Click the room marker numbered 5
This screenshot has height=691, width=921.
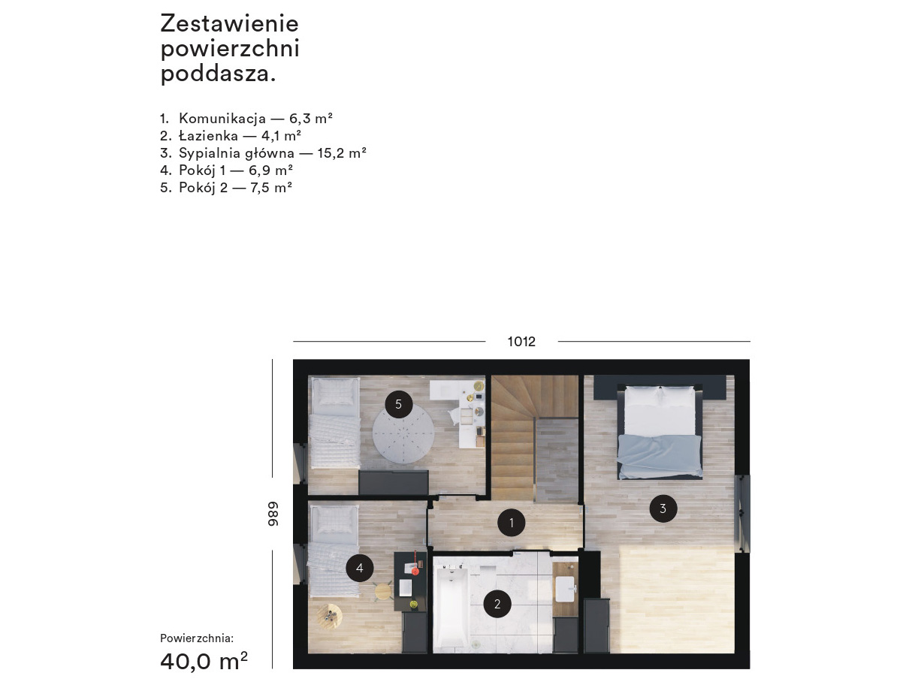point(398,404)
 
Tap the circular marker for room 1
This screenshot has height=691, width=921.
point(511,523)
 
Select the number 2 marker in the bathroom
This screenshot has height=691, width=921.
point(497,604)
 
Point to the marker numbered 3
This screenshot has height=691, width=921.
point(663,508)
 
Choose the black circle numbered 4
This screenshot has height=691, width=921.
point(360,568)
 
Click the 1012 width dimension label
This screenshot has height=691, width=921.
point(521,342)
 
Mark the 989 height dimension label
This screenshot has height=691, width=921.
point(273,514)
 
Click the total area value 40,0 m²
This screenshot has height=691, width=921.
point(204,661)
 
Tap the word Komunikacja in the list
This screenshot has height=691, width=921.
point(222,119)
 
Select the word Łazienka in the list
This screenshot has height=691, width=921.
point(208,135)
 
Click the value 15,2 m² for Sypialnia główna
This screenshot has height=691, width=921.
point(342,153)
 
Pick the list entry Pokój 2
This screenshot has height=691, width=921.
point(203,188)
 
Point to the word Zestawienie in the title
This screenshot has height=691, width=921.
point(230,23)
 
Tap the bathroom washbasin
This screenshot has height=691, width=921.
point(565,589)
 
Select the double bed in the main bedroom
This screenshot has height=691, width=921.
point(660,432)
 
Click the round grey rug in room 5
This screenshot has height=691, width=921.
point(403,436)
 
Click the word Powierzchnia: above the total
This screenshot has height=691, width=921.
point(197,638)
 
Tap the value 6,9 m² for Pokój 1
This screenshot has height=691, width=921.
point(270,170)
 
